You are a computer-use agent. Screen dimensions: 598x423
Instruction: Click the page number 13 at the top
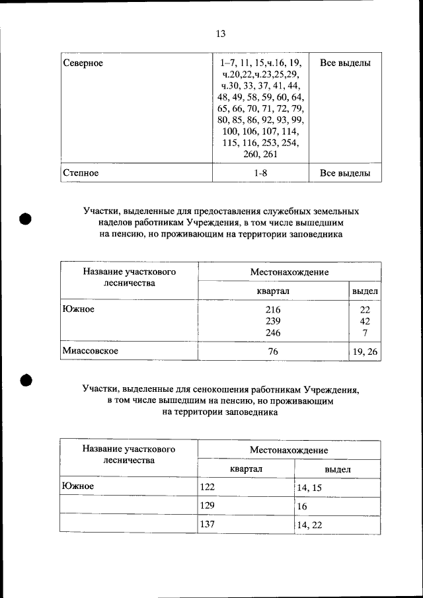point(221,34)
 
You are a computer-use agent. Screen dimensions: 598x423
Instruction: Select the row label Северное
point(83,63)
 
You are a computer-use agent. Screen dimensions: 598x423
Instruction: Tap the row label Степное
point(81,173)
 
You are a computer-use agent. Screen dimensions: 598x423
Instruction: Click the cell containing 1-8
point(260,173)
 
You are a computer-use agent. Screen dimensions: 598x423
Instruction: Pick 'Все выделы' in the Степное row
point(345,173)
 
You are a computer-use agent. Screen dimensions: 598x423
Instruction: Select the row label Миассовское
point(91,351)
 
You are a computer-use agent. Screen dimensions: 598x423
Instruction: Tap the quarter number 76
point(273,352)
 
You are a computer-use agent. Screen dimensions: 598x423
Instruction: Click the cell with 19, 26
point(365,352)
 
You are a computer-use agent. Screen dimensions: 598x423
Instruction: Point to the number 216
point(273,309)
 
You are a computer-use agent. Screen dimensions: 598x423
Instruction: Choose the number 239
point(273,321)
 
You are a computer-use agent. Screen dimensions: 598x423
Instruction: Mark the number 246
point(273,333)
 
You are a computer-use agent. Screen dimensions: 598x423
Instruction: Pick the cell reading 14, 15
point(309,488)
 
